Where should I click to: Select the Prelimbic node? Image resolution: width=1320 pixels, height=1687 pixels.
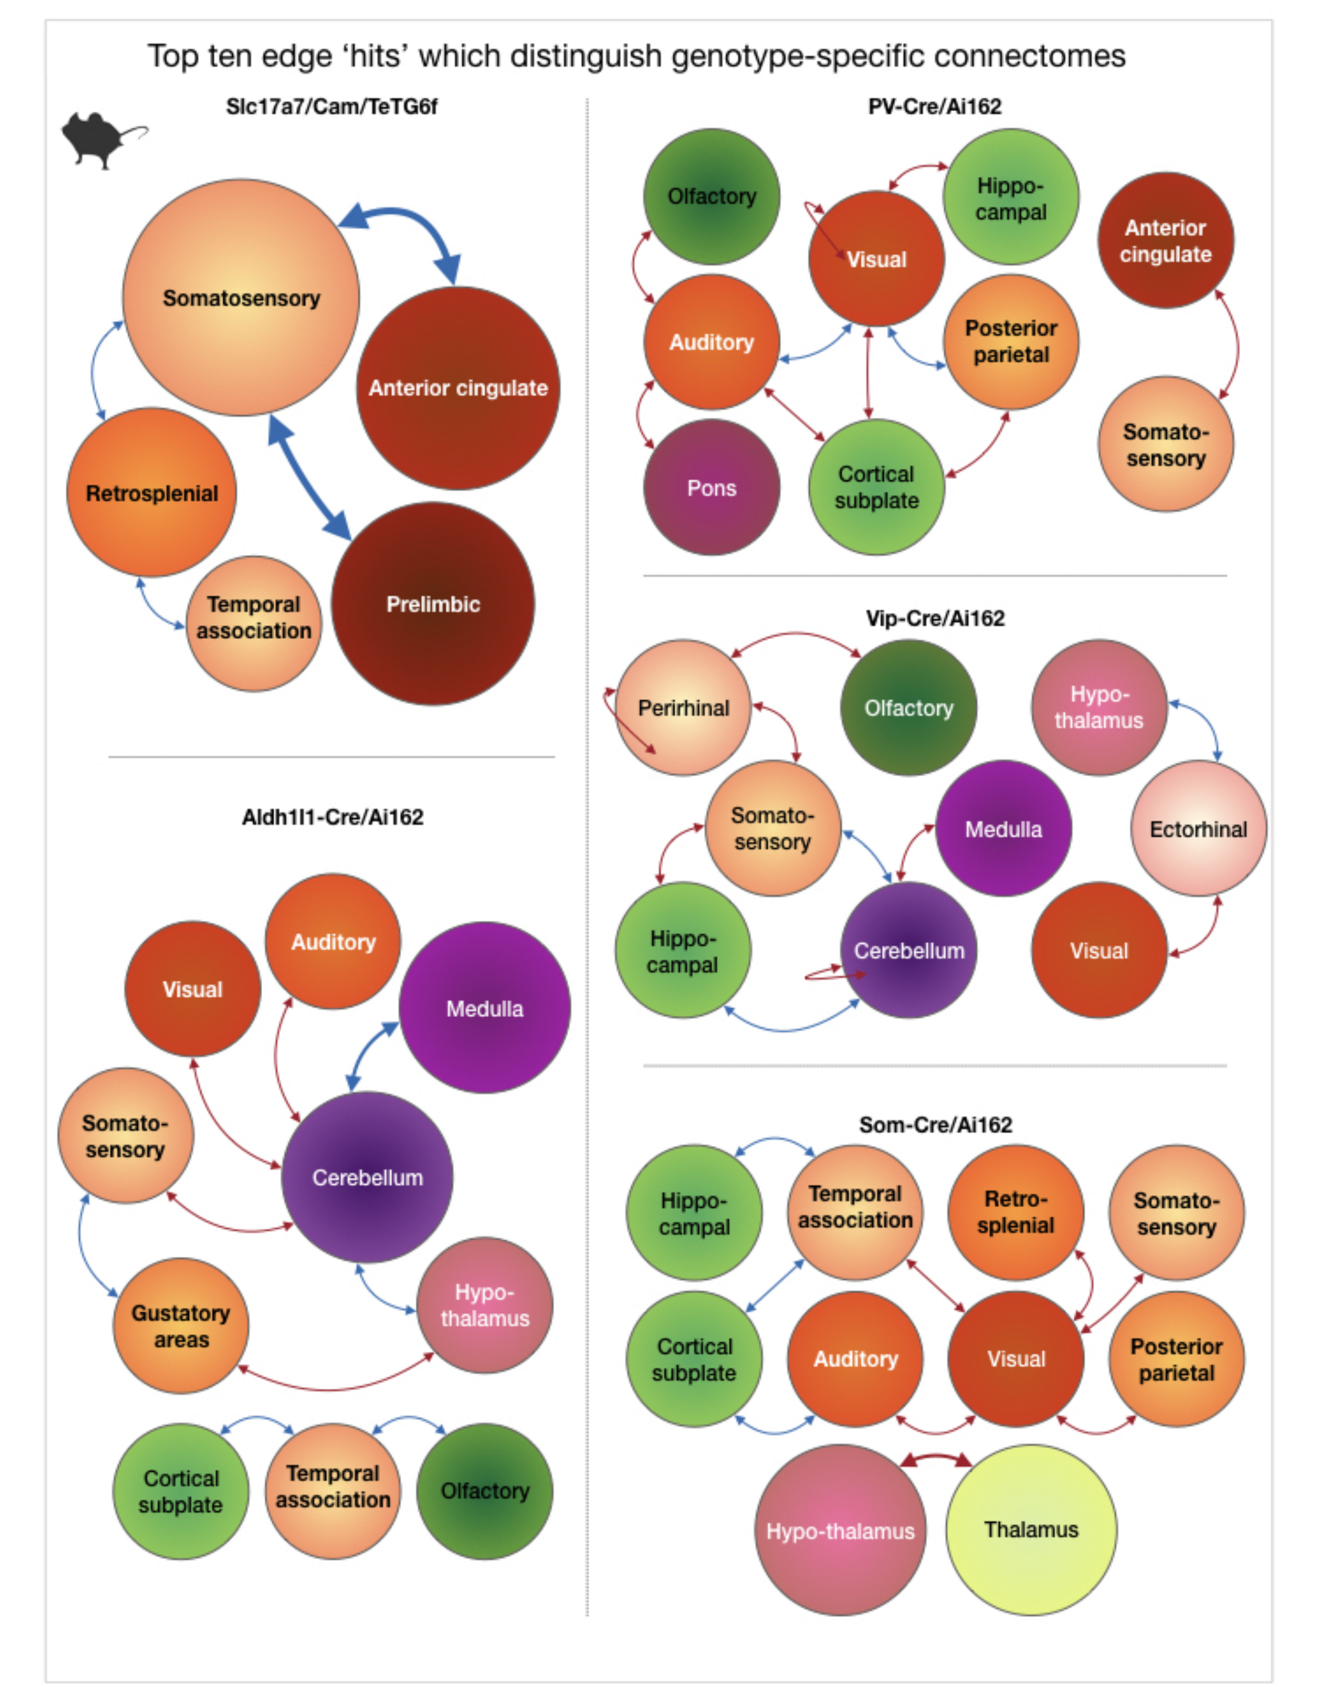click(433, 604)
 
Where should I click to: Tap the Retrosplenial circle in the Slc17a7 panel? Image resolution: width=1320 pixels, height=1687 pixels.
click(151, 493)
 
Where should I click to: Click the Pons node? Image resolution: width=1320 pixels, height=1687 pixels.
click(711, 487)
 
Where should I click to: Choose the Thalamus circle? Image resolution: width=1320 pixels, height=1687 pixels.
click(1031, 1529)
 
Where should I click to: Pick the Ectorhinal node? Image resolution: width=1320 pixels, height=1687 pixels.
click(1198, 829)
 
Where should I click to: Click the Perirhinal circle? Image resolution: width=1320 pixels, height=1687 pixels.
click(683, 708)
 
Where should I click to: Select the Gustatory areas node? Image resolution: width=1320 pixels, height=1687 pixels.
click(181, 1326)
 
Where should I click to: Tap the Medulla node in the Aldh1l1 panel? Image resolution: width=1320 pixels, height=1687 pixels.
click(484, 1008)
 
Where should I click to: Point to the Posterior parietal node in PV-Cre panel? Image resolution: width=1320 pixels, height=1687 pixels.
click(1011, 341)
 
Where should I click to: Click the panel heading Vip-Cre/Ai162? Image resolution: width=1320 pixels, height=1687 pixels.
click(935, 618)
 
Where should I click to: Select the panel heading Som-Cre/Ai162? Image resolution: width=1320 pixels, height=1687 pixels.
click(935, 1124)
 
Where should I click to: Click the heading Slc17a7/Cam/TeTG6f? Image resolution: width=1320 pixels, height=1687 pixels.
click(332, 106)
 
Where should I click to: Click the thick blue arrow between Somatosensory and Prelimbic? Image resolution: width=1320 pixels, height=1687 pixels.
click(309, 477)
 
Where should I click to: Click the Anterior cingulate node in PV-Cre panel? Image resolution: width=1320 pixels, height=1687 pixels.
click(1165, 240)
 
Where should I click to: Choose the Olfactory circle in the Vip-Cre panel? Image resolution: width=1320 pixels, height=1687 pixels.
click(908, 708)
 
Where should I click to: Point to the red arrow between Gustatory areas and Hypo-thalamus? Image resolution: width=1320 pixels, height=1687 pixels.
click(334, 1388)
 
